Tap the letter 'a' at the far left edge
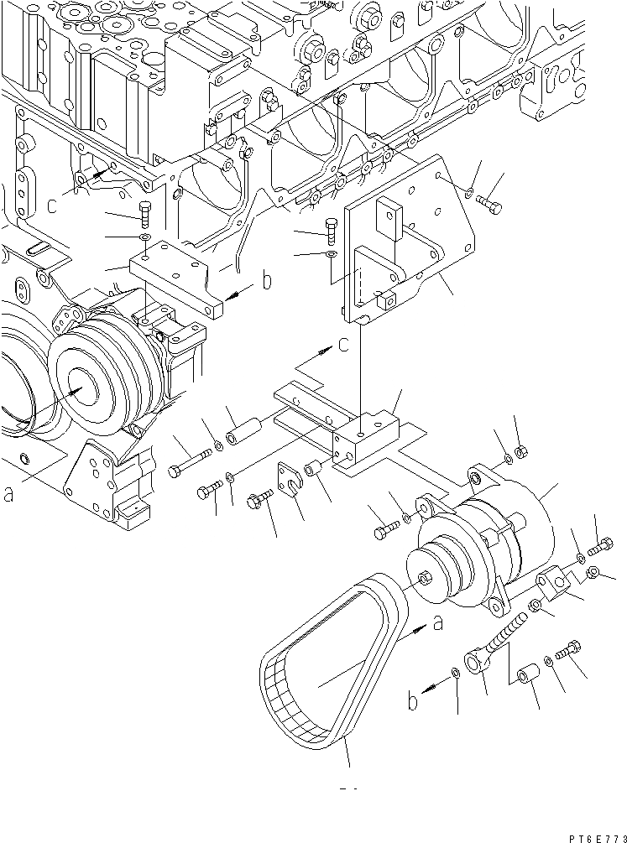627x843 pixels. tap(9, 495)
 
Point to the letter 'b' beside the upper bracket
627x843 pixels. tap(267, 280)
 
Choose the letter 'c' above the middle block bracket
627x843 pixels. tap(344, 345)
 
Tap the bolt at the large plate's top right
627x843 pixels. tap(492, 204)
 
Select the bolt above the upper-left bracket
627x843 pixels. tap(144, 215)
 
